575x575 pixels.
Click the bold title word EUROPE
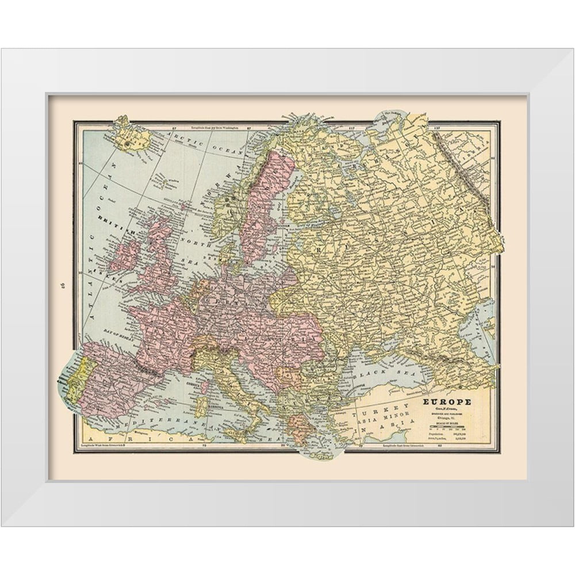(x=447, y=401)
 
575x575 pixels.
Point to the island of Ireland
(x=125, y=255)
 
